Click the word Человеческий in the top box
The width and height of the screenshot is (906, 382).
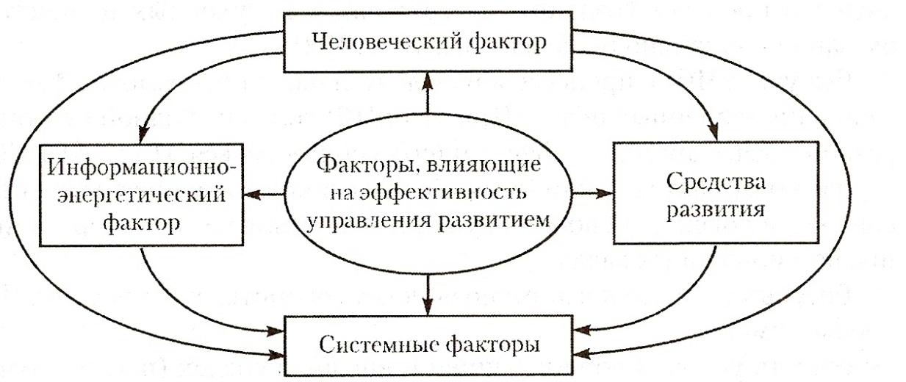(388, 43)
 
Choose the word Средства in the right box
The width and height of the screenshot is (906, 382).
(715, 181)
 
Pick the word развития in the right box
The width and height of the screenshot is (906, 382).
(715, 209)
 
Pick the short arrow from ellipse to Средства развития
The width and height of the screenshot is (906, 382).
(592, 194)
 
